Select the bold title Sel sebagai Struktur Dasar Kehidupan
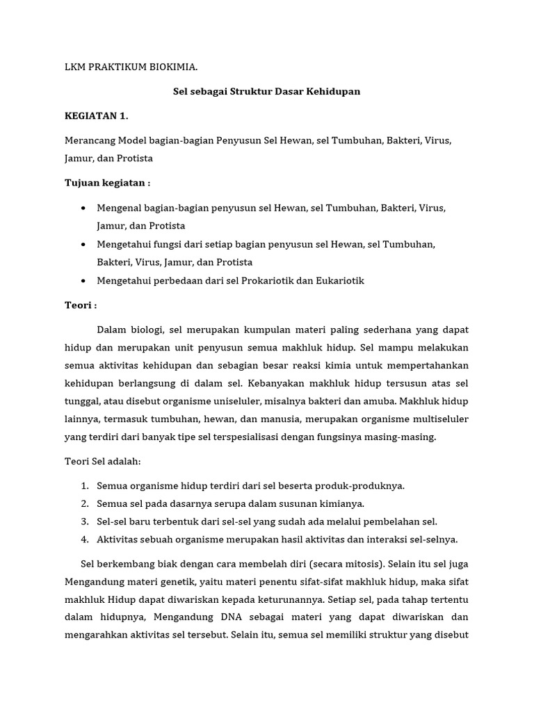click(x=267, y=91)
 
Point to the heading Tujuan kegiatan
click(x=107, y=183)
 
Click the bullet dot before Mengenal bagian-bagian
click(x=83, y=208)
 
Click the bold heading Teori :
click(x=80, y=305)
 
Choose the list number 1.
click(x=83, y=486)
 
